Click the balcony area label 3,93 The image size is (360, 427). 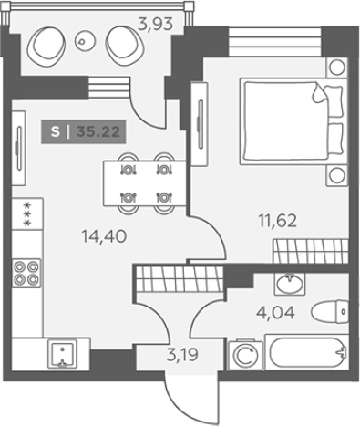pos(155,24)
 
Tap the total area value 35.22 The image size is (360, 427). pos(98,131)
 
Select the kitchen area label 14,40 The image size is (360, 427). pos(104,236)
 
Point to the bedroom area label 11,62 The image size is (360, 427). pos(277,221)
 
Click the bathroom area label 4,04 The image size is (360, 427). pos(275,312)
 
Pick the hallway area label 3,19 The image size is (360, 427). pos(182,354)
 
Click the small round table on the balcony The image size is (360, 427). pos(81,42)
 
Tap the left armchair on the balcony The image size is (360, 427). pos(46,45)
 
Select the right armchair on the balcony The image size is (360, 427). pos(125,45)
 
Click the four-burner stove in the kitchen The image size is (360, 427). pos(26,273)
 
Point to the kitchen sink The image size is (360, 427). pos(62,354)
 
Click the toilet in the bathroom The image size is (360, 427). pos(330,312)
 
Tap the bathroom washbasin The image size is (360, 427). pos(290,284)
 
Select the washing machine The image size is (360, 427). pos(245,356)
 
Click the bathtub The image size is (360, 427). pos(307,352)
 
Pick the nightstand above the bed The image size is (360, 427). pos(336,68)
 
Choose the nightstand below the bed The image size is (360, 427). pos(336,175)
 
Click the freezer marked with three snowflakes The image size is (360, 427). pos(27,213)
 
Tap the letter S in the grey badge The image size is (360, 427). pos(55,131)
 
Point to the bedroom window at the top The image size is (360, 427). pos(274,42)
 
